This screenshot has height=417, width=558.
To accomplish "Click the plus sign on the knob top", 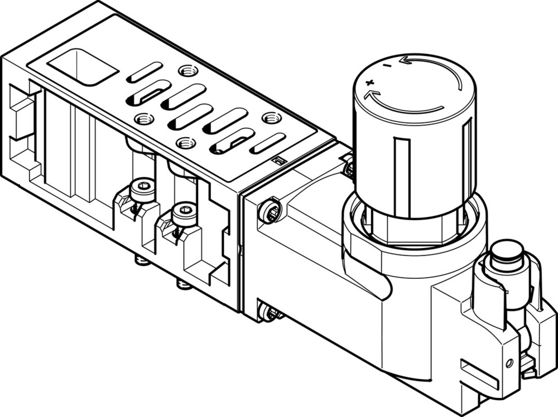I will click(x=369, y=83).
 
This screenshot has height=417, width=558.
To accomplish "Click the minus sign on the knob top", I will click(x=386, y=67).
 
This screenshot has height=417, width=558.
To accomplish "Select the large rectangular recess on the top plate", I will click(x=83, y=66).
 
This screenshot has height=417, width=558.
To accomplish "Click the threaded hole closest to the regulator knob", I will click(x=272, y=118).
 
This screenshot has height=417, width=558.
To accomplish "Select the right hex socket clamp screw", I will click(x=185, y=211).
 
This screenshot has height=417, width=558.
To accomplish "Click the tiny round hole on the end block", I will click(x=508, y=363).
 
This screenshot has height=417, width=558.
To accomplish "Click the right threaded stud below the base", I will click(x=184, y=285).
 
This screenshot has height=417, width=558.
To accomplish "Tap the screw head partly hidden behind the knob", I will click(x=349, y=167).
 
